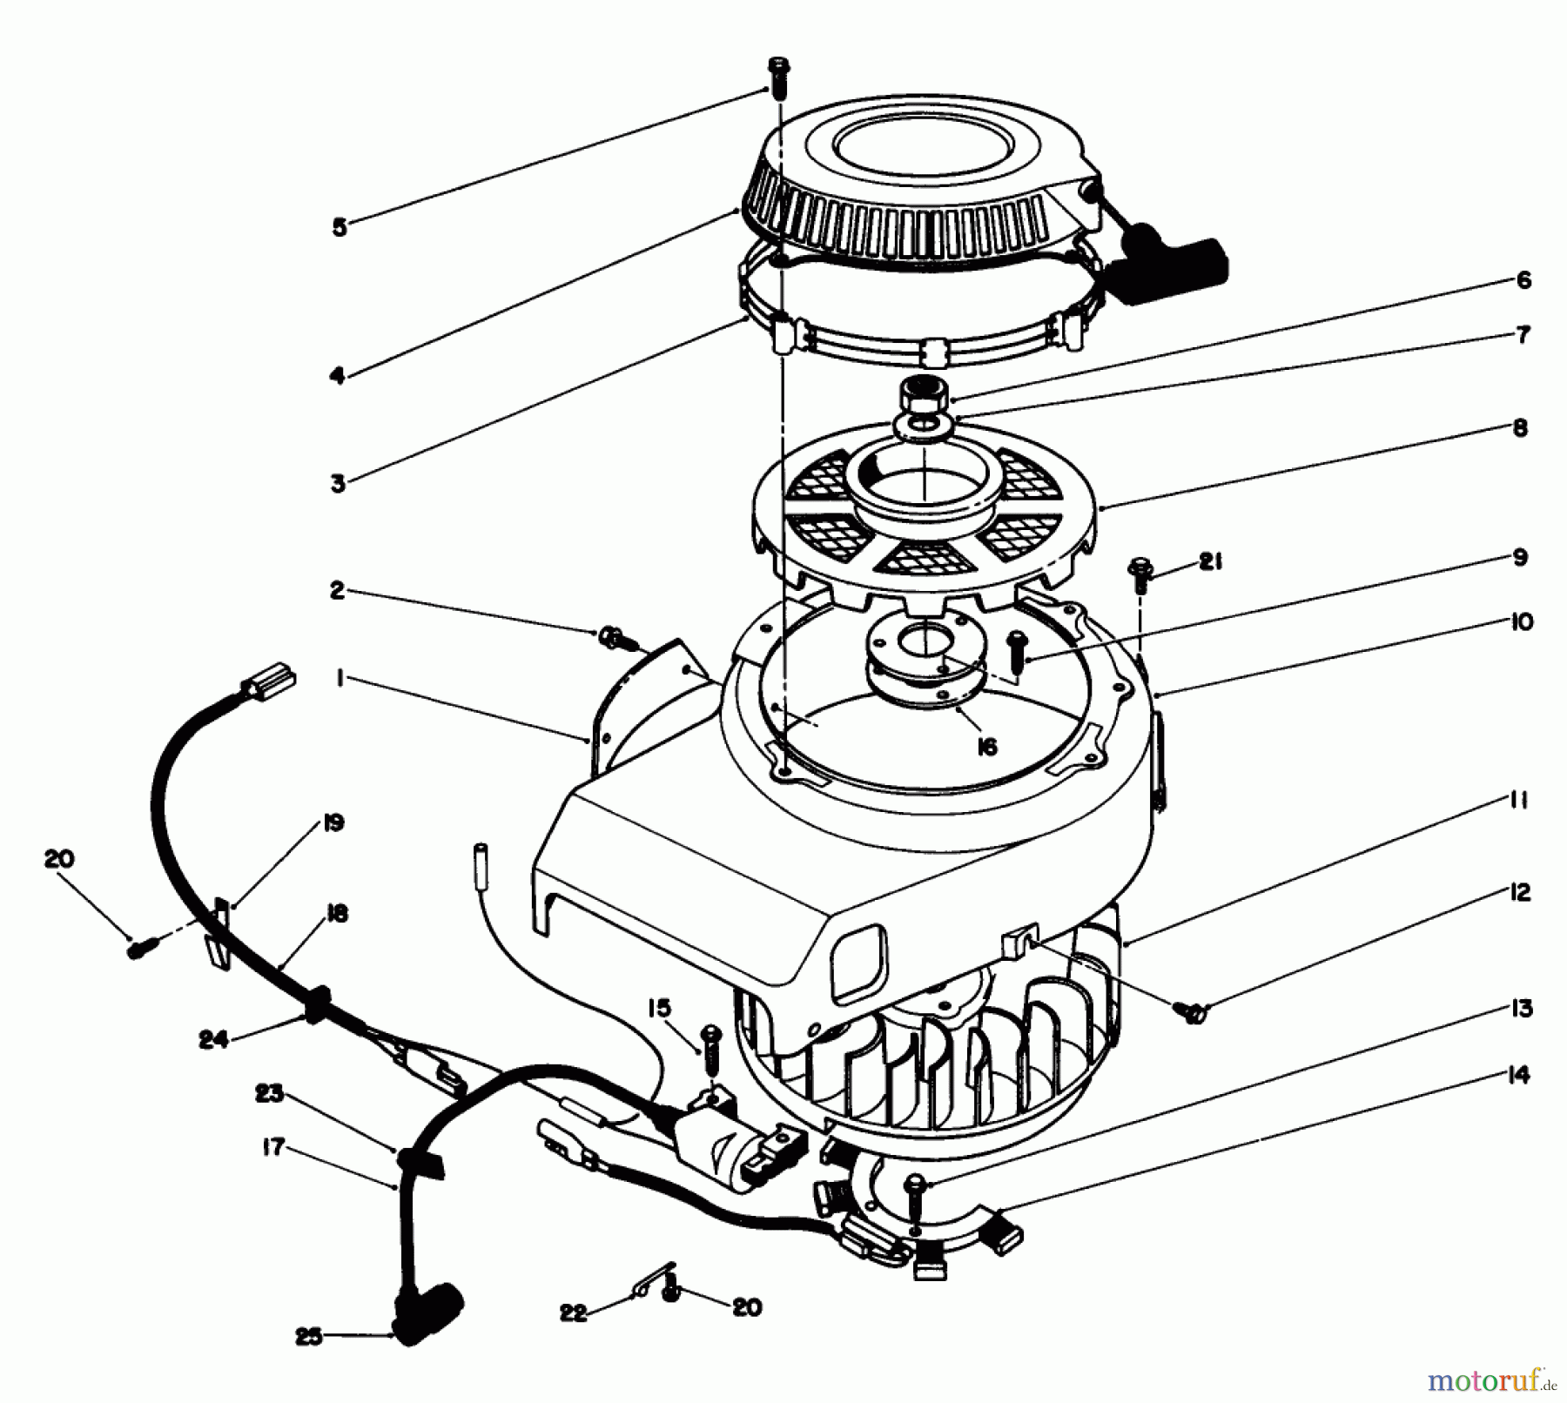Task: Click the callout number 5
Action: tap(340, 227)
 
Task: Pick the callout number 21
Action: tap(1209, 563)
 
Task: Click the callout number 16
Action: tap(986, 746)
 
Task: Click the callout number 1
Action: tap(340, 678)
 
